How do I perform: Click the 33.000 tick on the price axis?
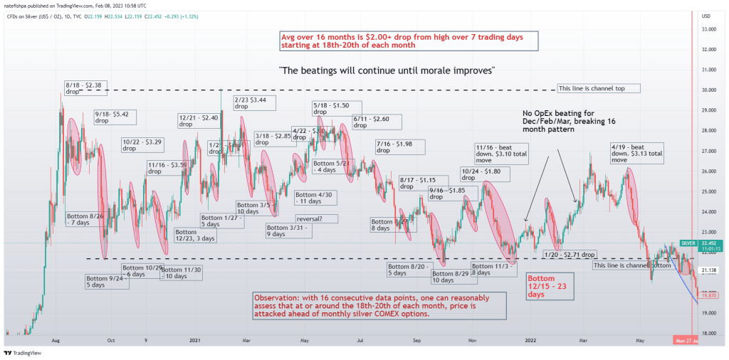tap(709, 29)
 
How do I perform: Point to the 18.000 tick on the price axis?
tap(709, 333)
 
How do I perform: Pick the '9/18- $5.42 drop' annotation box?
tap(116, 117)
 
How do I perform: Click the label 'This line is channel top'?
tap(597, 88)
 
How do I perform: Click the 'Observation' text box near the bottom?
tap(379, 306)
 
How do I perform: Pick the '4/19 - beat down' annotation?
tap(636, 153)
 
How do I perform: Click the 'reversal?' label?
tap(311, 219)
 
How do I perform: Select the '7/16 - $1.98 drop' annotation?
tap(399, 147)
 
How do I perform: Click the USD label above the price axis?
tap(706, 16)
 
